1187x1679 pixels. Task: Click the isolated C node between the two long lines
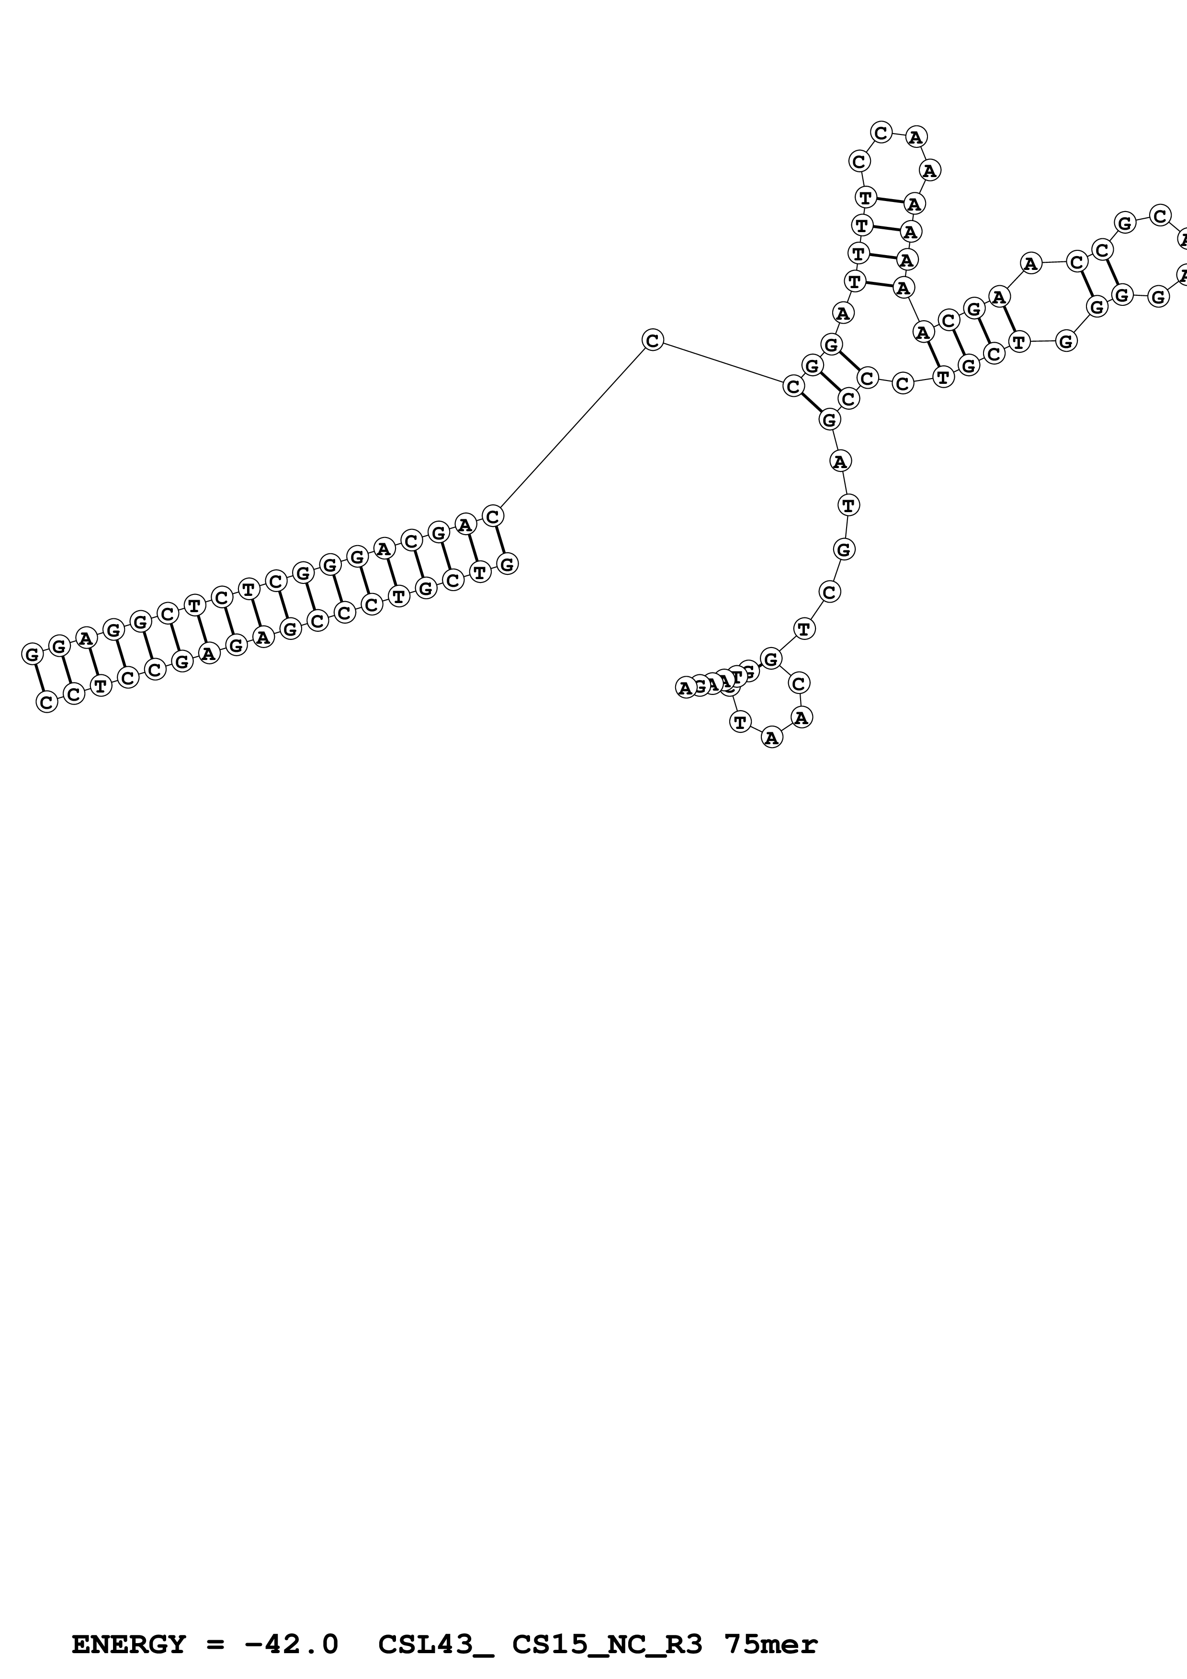(652, 340)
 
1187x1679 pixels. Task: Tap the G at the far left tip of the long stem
(32, 654)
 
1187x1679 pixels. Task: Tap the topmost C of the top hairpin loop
(882, 133)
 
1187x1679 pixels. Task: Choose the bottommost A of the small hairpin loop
(771, 738)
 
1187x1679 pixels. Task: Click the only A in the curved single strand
(839, 461)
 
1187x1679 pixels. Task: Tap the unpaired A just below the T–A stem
(843, 313)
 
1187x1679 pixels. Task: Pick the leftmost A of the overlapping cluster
(685, 687)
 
